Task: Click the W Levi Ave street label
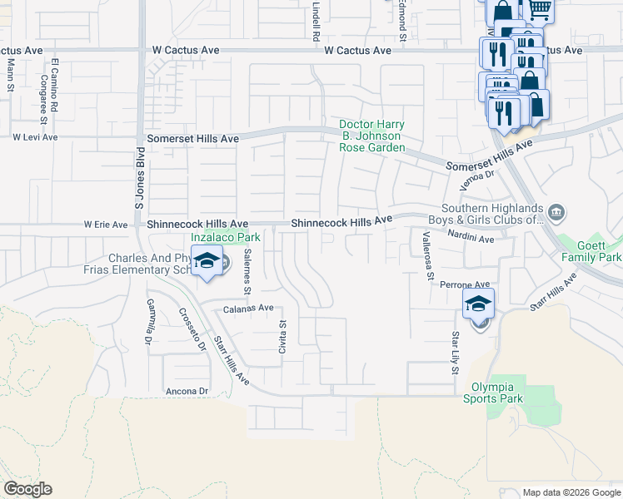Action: [x=34, y=137]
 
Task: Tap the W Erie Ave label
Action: [x=106, y=225]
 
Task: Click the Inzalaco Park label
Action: [x=226, y=237]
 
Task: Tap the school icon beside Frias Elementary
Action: [x=208, y=264]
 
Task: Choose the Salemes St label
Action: [x=247, y=273]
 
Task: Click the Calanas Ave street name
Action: [x=248, y=308]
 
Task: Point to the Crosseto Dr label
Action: [x=192, y=330]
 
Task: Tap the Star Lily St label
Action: [x=456, y=352]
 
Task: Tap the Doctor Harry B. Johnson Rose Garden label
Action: [x=371, y=136]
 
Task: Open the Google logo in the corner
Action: [x=27, y=489]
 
